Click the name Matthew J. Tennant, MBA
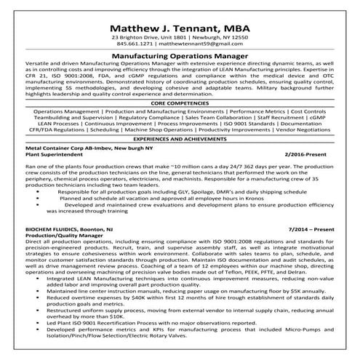(180, 21)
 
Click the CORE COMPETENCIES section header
(180, 103)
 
